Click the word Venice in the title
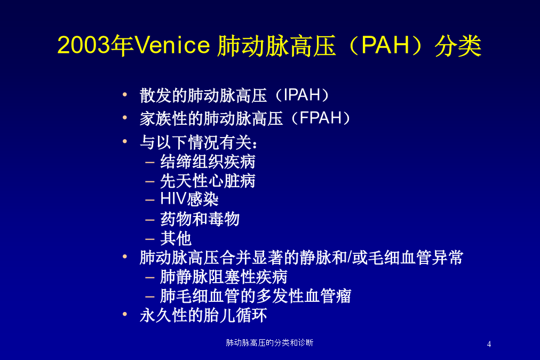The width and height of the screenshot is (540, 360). coord(172,45)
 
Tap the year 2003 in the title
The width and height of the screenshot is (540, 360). coord(84,45)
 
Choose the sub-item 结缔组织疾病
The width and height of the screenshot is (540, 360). coord(208,162)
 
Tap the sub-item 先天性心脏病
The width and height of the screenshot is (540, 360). coord(208,181)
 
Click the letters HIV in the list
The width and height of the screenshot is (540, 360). coord(173,199)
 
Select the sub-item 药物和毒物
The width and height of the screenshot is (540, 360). coord(200,219)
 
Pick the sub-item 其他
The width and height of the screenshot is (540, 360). coord(176,238)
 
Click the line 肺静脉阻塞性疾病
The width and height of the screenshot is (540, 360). coord(224,277)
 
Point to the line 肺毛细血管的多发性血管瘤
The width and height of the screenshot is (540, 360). coord(256,296)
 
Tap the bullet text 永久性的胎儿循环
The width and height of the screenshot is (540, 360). coord(203,315)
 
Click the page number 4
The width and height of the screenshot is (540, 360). coord(489,344)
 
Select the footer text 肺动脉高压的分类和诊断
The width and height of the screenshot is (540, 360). coord(269,342)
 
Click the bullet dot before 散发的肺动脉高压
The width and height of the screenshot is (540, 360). coord(125,94)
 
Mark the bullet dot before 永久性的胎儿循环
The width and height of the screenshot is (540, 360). coord(125,314)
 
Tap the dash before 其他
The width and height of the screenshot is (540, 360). coord(150,238)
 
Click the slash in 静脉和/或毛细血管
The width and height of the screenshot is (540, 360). coord(350,258)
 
